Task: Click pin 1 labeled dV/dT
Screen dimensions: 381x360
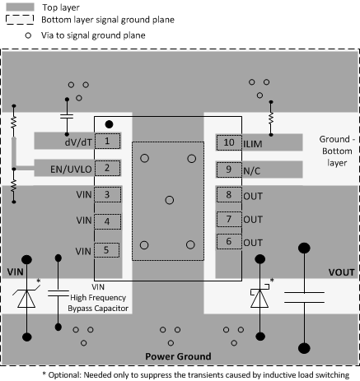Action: [x=107, y=142]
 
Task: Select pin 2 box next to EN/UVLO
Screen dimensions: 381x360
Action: [x=107, y=169]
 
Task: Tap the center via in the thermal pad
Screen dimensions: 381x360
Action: [x=168, y=200]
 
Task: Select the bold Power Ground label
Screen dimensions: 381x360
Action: [x=179, y=356]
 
